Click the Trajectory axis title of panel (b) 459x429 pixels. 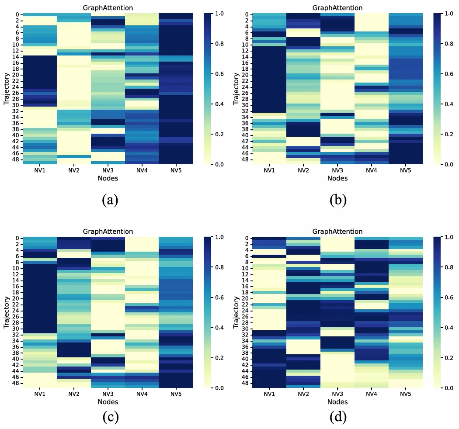236,89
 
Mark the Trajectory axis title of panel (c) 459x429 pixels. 7,312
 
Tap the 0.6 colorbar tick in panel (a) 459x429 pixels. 219,74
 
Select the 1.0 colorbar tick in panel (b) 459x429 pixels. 448,14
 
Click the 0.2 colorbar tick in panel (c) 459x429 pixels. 219,358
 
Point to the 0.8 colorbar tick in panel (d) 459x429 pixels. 448,267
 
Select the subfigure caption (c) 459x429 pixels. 109,417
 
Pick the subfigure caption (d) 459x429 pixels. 338,417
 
